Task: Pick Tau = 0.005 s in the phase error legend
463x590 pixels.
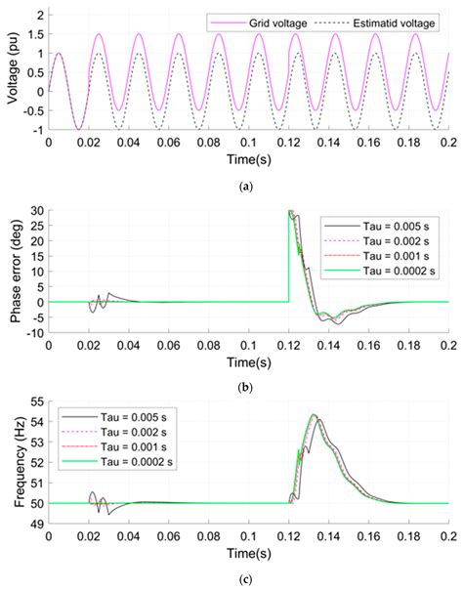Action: point(394,224)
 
